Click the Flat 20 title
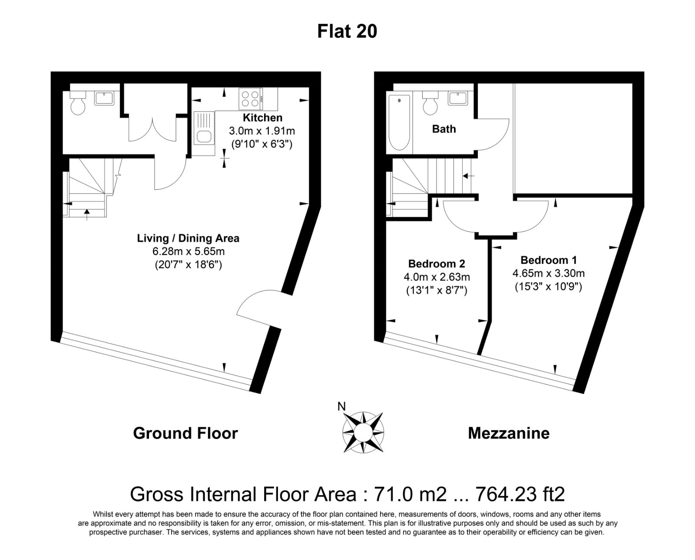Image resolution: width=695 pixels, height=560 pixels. (347, 31)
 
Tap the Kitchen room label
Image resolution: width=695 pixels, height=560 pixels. (262, 118)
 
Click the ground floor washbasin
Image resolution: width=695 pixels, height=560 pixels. (105, 98)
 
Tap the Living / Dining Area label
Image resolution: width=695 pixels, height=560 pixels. (188, 238)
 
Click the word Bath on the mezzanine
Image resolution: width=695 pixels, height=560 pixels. (444, 129)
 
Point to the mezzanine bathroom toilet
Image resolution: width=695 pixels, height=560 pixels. (430, 103)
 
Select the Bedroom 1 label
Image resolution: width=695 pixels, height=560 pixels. (549, 260)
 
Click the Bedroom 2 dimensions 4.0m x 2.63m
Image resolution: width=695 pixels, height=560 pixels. (437, 277)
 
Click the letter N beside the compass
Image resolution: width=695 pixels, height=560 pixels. (342, 407)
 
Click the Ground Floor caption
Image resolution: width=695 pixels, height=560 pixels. (185, 433)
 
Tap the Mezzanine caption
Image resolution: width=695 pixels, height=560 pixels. (508, 433)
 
